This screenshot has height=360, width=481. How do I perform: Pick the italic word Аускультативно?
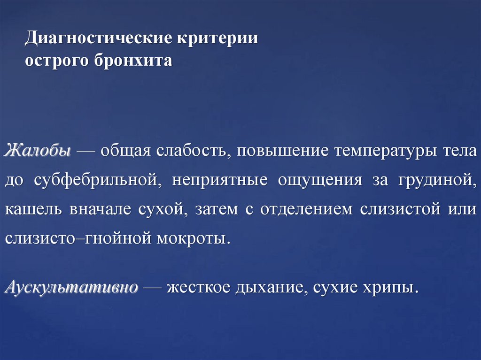pyautogui.click(x=71, y=287)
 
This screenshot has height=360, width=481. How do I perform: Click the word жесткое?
pyautogui.click(x=199, y=287)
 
